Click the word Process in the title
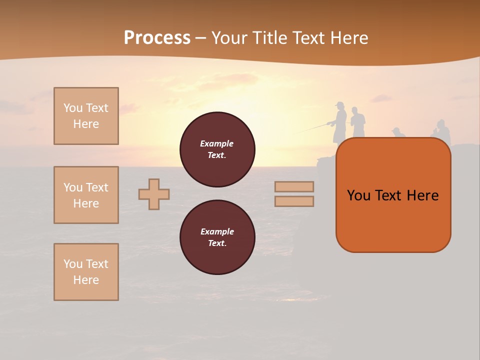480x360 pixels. point(157,38)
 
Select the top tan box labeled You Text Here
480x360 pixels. point(86,116)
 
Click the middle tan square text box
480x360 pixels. point(86,195)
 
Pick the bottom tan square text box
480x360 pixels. point(86,272)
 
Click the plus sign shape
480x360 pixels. point(154,194)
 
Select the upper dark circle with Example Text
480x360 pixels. point(217,149)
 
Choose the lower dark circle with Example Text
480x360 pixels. point(217,237)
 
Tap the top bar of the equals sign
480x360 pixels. point(294,186)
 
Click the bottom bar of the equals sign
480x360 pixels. point(294,201)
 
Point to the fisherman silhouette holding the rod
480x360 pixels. point(340,122)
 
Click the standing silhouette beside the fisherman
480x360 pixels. point(357,124)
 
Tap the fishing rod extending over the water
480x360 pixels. point(312,129)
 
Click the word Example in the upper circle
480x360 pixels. point(217,143)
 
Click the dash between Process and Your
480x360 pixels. point(201,38)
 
